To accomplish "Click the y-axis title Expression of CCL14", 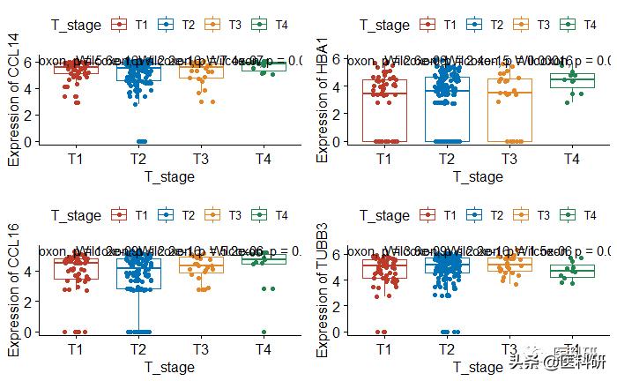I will tap(14, 98).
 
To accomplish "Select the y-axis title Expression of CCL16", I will tap(14, 291).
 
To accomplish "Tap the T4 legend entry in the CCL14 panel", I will tap(270, 25).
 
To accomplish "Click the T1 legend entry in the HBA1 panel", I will tap(439, 25).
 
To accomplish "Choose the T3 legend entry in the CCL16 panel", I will tap(224, 215).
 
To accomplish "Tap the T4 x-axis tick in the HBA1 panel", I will tap(571, 159).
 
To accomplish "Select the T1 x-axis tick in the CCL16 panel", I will tap(75, 349).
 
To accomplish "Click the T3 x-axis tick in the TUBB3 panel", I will tap(509, 349).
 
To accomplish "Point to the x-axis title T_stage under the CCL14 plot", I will tap(169, 176).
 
